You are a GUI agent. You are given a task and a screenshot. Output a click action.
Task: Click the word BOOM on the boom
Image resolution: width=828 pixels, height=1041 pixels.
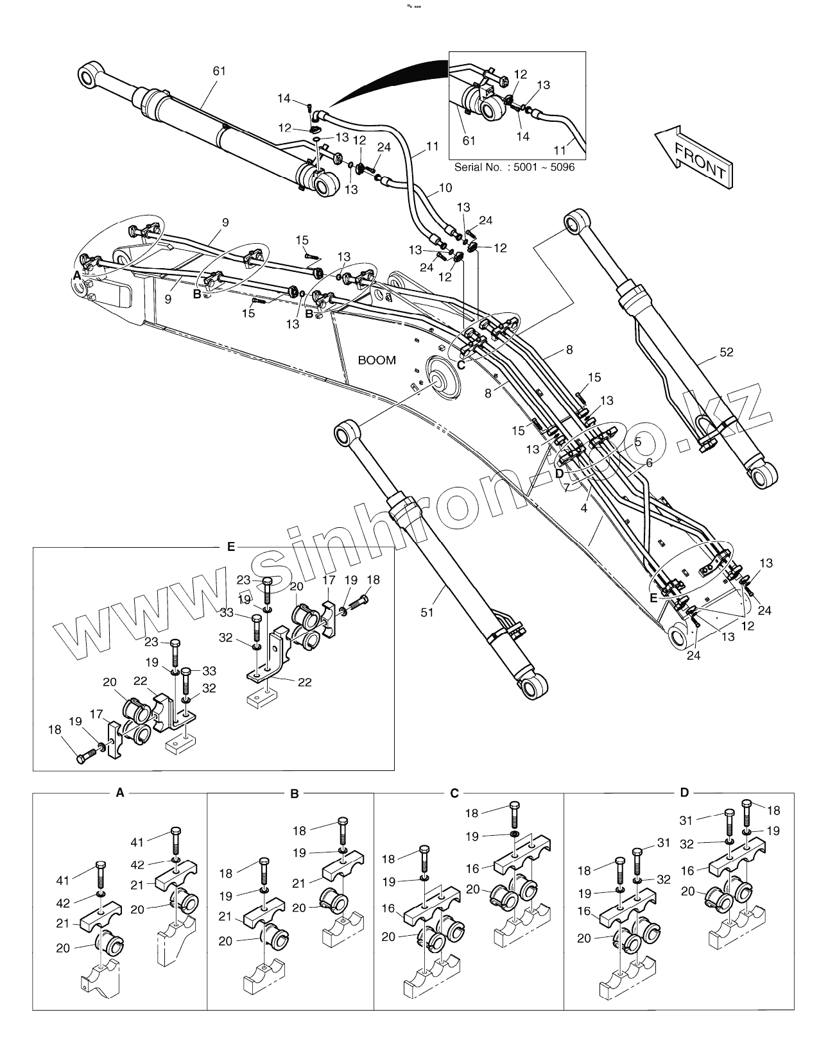coord(377,360)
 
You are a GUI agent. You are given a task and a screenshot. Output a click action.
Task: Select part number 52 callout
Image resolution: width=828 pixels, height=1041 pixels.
coord(726,352)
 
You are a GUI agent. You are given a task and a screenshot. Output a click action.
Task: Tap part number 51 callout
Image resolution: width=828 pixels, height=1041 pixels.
coord(427,613)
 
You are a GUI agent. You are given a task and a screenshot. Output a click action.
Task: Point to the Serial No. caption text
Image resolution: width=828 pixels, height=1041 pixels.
coord(514,167)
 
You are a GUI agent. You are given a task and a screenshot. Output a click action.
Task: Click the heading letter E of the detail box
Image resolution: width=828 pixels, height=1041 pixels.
coord(231,547)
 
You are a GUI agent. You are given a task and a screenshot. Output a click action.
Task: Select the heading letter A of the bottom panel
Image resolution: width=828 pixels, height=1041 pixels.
coord(119,793)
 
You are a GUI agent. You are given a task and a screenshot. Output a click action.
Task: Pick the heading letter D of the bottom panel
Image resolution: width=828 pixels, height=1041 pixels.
coord(684,793)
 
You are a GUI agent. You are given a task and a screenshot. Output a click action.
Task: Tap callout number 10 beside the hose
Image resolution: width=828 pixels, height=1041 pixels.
coord(445,188)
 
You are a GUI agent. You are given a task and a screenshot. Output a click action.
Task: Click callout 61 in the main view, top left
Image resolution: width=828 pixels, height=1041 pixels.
coord(220,71)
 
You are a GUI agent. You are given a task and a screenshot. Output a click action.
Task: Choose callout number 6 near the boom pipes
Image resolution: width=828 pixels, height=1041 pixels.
coord(649,462)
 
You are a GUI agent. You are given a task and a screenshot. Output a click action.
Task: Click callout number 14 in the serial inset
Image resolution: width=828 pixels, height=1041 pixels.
coord(522,136)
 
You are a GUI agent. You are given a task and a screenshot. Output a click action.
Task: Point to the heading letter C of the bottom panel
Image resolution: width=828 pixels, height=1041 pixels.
coord(454,793)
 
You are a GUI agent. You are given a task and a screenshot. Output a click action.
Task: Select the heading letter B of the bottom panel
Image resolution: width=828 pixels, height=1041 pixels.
coord(295,793)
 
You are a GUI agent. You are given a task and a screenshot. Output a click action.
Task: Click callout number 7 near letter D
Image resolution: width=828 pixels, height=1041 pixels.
coord(567,487)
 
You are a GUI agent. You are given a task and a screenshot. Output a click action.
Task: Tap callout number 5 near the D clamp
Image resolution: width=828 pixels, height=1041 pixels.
coord(637,442)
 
